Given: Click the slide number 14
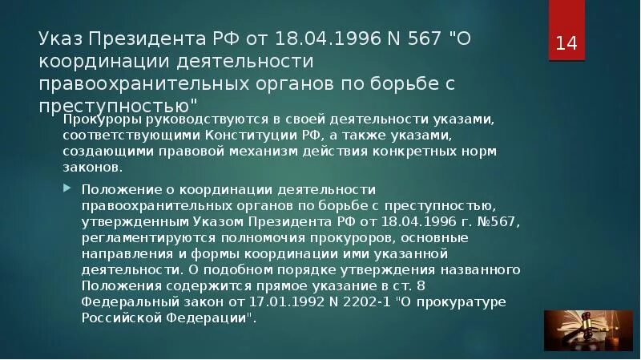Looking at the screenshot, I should pos(566,42).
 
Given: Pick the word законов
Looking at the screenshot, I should pos(102,168).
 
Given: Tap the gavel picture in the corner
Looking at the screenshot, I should pos(578,328).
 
